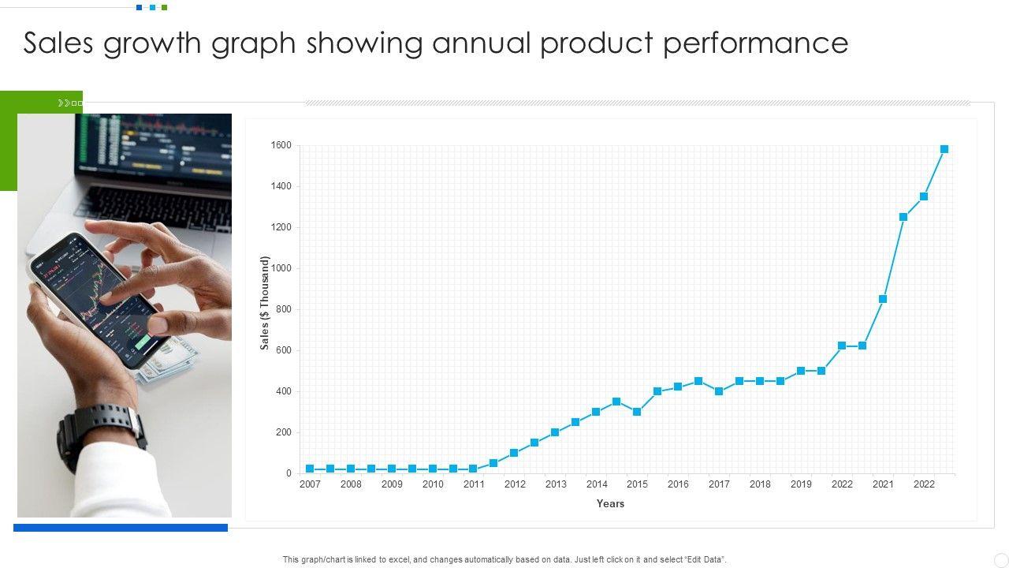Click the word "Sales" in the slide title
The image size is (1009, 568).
(x=59, y=43)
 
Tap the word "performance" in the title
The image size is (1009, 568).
(x=755, y=44)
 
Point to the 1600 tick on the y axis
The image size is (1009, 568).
(x=281, y=145)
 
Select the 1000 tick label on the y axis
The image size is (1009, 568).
(x=281, y=268)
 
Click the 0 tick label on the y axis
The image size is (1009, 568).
(x=289, y=473)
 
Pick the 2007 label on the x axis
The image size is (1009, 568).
(x=310, y=484)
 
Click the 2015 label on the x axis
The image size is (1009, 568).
(x=637, y=484)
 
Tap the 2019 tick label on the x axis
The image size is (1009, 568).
(x=801, y=484)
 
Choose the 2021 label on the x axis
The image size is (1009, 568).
(x=883, y=484)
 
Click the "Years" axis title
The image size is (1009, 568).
(x=610, y=503)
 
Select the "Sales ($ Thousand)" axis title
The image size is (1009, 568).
(x=265, y=303)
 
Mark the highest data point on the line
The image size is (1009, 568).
(x=944, y=149)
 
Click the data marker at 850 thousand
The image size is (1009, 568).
(x=883, y=299)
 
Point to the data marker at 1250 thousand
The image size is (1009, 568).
(x=903, y=217)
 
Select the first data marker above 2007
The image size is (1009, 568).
(x=310, y=469)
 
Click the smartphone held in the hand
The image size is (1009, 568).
(x=99, y=300)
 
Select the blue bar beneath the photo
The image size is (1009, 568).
(x=121, y=528)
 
